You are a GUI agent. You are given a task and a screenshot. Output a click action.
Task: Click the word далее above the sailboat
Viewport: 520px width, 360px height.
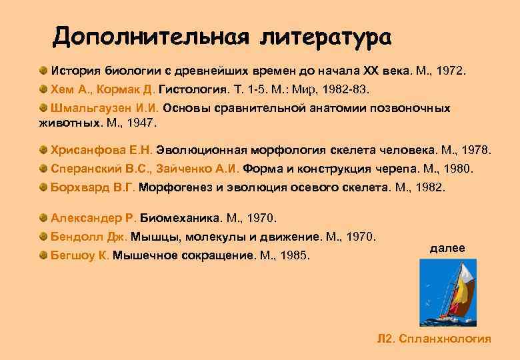coord(447,248)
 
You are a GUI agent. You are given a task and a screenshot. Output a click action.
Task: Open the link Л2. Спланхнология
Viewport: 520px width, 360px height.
coord(434,339)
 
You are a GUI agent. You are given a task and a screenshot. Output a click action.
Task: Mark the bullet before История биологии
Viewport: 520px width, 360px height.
coord(43,71)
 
